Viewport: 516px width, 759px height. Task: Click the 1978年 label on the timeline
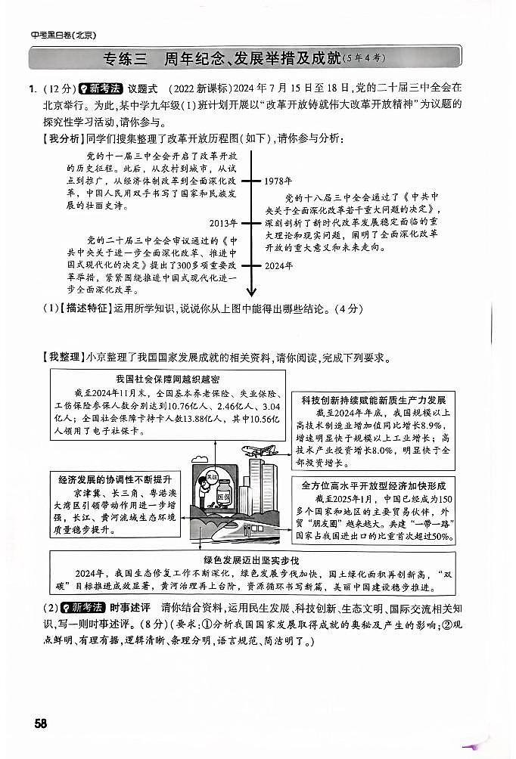[278, 181]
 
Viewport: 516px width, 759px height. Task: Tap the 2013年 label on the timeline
[223, 224]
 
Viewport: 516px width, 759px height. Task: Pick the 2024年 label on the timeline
[278, 265]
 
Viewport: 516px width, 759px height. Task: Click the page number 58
[40, 723]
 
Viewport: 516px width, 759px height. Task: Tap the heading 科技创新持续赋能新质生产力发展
[373, 400]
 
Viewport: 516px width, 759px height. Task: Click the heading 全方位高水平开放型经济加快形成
[373, 485]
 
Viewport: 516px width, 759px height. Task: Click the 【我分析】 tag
[60, 138]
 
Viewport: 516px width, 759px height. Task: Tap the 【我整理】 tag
[60, 357]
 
